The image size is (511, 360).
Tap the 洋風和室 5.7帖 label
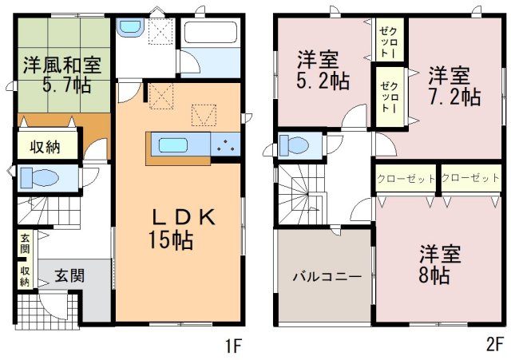[63, 74]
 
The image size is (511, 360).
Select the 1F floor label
[232, 346]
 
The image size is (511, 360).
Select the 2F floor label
[494, 346]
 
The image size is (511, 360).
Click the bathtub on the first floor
[211, 32]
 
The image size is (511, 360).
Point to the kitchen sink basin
[172, 145]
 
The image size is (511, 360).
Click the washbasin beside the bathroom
[130, 27]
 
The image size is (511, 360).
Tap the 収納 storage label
[45, 147]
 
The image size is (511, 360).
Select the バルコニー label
[327, 277]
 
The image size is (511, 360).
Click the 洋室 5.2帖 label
[323, 70]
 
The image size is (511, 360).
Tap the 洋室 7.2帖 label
[454, 85]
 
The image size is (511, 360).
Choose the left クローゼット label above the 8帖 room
[406, 179]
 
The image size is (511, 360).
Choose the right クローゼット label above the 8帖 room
[470, 178]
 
